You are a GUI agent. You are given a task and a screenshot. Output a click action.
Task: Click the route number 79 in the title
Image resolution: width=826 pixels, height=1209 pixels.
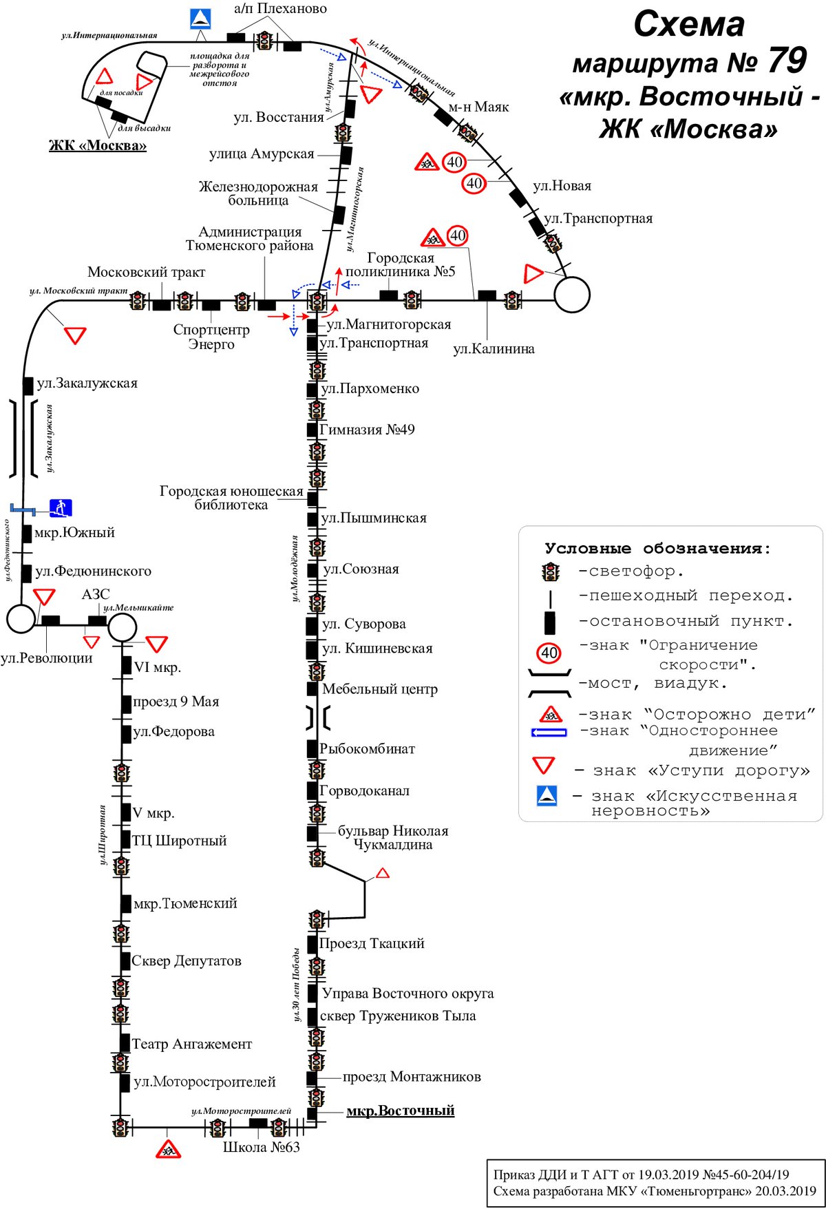coord(787,61)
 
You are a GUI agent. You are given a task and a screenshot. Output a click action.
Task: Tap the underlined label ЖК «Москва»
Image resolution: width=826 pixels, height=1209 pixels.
coord(98,145)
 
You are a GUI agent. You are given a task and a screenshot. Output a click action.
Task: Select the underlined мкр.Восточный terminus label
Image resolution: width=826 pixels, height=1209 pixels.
coord(400,1111)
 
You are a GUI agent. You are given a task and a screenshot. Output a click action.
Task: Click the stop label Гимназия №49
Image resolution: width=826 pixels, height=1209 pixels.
coord(368,430)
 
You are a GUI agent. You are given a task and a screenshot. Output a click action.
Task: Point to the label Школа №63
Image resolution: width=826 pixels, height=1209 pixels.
coord(262,1147)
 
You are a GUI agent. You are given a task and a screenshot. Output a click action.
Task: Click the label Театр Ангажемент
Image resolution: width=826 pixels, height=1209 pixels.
coord(192,1044)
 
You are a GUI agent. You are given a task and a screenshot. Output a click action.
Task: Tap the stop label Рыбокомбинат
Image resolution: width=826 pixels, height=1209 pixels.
coord(368,748)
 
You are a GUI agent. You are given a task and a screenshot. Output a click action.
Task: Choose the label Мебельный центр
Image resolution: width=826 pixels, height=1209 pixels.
coord(380,688)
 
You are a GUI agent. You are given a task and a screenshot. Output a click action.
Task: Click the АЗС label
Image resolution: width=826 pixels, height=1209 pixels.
coord(96,594)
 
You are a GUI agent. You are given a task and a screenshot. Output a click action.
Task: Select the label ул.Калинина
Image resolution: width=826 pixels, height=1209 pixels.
coord(494,348)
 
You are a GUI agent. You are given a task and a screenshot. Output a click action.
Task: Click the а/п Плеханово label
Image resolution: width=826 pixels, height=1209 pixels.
coord(280,8)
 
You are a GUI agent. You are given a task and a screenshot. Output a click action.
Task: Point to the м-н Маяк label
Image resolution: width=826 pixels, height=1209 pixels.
coord(478,107)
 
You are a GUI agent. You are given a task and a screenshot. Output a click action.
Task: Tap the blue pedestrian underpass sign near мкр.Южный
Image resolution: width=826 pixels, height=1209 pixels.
coord(61,509)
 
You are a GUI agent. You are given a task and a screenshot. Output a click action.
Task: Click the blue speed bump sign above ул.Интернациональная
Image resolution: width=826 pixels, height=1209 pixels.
coord(200,19)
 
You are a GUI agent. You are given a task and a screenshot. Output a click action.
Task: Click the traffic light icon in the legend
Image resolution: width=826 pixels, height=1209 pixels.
coord(551,571)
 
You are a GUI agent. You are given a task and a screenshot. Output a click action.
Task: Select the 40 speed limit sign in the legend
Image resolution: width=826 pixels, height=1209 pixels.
coord(549,653)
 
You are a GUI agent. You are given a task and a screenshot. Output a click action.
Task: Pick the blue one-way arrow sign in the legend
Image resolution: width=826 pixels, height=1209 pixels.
coord(549,733)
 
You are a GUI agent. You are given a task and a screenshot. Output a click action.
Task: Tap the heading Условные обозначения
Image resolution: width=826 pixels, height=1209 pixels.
coord(658,549)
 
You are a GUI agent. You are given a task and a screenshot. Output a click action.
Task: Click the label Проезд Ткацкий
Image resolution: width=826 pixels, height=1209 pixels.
coord(372,943)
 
